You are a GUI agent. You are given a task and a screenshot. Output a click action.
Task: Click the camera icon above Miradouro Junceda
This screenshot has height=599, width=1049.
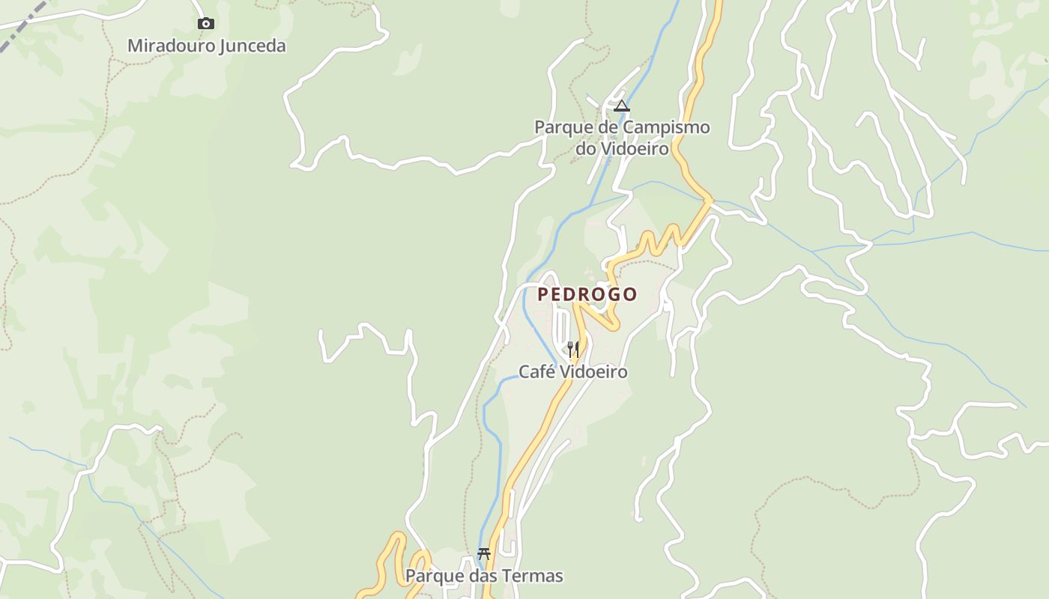click(205, 24)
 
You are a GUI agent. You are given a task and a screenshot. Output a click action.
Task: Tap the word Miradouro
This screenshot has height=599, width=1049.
click(170, 46)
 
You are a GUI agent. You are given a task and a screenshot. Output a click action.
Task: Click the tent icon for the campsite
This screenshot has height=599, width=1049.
click(621, 106)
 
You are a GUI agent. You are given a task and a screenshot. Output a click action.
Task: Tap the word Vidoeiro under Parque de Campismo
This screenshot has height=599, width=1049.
click(633, 148)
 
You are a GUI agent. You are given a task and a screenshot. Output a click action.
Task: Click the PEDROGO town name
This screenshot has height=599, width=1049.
click(587, 294)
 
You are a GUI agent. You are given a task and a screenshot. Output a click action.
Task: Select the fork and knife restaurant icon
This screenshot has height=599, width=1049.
click(572, 349)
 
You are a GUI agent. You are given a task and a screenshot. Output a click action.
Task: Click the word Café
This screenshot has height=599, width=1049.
click(537, 372)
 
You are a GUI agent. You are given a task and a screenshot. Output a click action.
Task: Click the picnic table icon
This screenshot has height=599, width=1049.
click(484, 554)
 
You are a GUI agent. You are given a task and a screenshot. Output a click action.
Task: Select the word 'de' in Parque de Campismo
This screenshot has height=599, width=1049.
click(606, 127)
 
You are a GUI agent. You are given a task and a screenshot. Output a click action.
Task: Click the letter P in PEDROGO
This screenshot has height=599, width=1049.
click(543, 294)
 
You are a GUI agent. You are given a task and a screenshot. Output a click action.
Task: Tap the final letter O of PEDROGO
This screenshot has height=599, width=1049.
click(630, 294)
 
